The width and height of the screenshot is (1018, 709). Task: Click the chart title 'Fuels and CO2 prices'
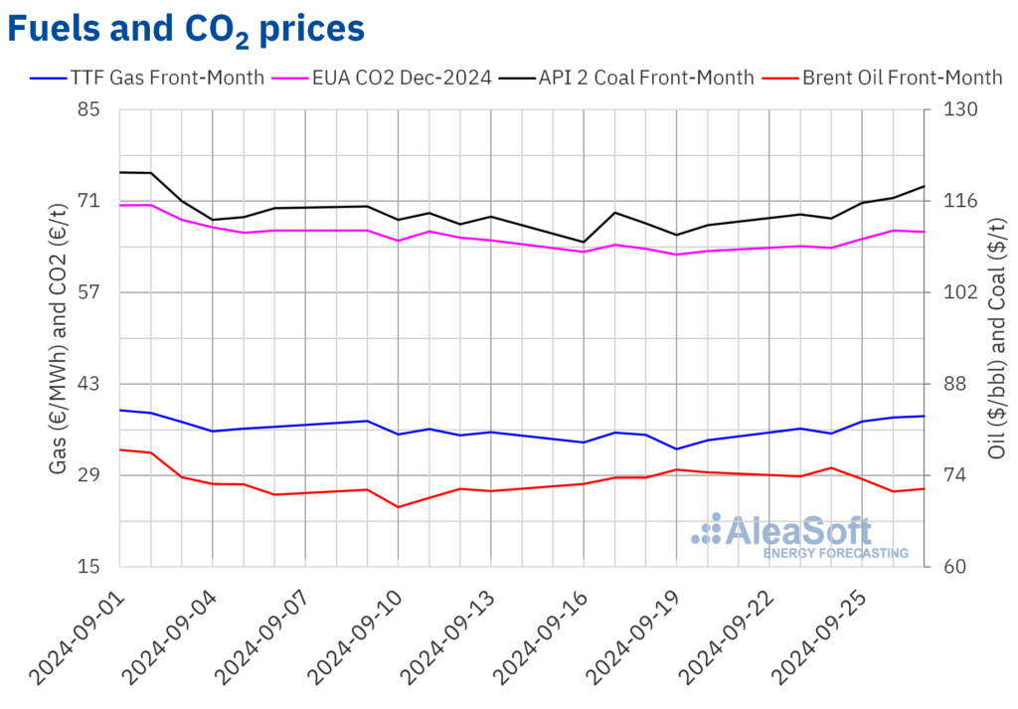click(186, 29)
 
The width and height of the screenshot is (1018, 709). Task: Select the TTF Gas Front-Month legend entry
click(148, 78)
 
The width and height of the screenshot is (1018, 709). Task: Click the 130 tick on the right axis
click(952, 109)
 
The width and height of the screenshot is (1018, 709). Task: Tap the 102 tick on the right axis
click(952, 292)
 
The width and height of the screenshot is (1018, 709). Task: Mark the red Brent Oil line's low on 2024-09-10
click(398, 507)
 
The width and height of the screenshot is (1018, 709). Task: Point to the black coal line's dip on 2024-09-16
click(584, 242)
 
